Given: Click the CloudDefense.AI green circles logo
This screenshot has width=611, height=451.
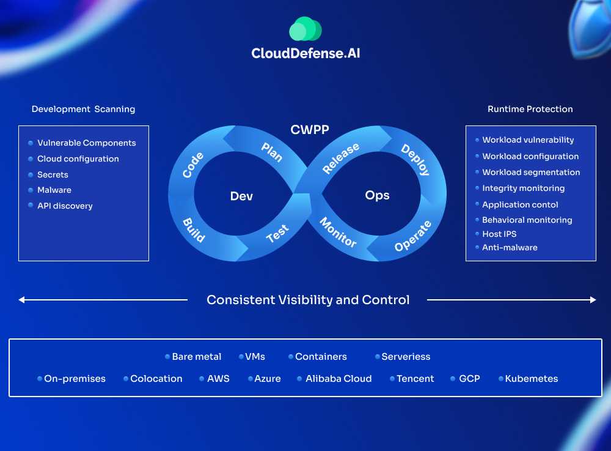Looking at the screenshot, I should (x=305, y=29).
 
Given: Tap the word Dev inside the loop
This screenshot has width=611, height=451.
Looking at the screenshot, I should (x=241, y=196).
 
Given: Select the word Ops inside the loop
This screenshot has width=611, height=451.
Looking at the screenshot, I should (x=377, y=195).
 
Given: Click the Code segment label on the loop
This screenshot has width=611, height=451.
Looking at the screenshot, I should (x=193, y=165).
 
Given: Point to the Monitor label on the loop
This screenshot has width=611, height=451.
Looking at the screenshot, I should (x=338, y=233).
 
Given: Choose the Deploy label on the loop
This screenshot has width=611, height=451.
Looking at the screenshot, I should (x=415, y=160).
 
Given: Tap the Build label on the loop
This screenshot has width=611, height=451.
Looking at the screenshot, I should (x=194, y=229).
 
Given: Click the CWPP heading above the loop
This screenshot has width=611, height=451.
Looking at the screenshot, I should (x=310, y=129).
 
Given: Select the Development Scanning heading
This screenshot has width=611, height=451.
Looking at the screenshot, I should (x=83, y=109).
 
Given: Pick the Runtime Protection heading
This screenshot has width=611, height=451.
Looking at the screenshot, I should (x=530, y=109).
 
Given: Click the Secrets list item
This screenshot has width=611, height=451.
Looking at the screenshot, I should (x=53, y=174).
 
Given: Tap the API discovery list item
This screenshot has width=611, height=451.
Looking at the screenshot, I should (x=65, y=206).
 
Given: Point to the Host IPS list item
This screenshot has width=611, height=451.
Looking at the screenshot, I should (x=499, y=234).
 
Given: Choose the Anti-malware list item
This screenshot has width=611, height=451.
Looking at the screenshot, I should (x=510, y=247).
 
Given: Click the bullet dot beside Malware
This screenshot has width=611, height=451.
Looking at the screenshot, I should (x=31, y=190).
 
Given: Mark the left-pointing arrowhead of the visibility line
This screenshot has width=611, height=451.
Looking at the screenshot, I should (x=21, y=300).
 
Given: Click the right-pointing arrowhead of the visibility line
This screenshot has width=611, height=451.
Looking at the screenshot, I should (x=593, y=300).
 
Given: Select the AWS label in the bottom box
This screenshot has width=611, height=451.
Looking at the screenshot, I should (x=218, y=379).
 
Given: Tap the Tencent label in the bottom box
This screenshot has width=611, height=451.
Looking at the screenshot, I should (x=415, y=379).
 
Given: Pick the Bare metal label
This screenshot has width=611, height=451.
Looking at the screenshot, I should (x=197, y=357).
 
